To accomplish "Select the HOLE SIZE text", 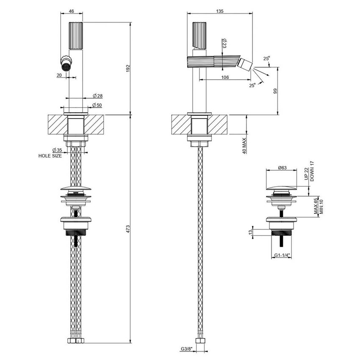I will click(x=50, y=156).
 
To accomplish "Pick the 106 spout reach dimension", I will click(x=225, y=77).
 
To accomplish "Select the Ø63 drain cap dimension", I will click(x=283, y=168).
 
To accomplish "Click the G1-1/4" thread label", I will click(x=282, y=255).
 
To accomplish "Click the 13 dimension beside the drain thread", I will click(x=250, y=232).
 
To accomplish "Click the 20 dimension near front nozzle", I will click(x=59, y=75).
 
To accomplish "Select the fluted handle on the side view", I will click(x=199, y=34).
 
